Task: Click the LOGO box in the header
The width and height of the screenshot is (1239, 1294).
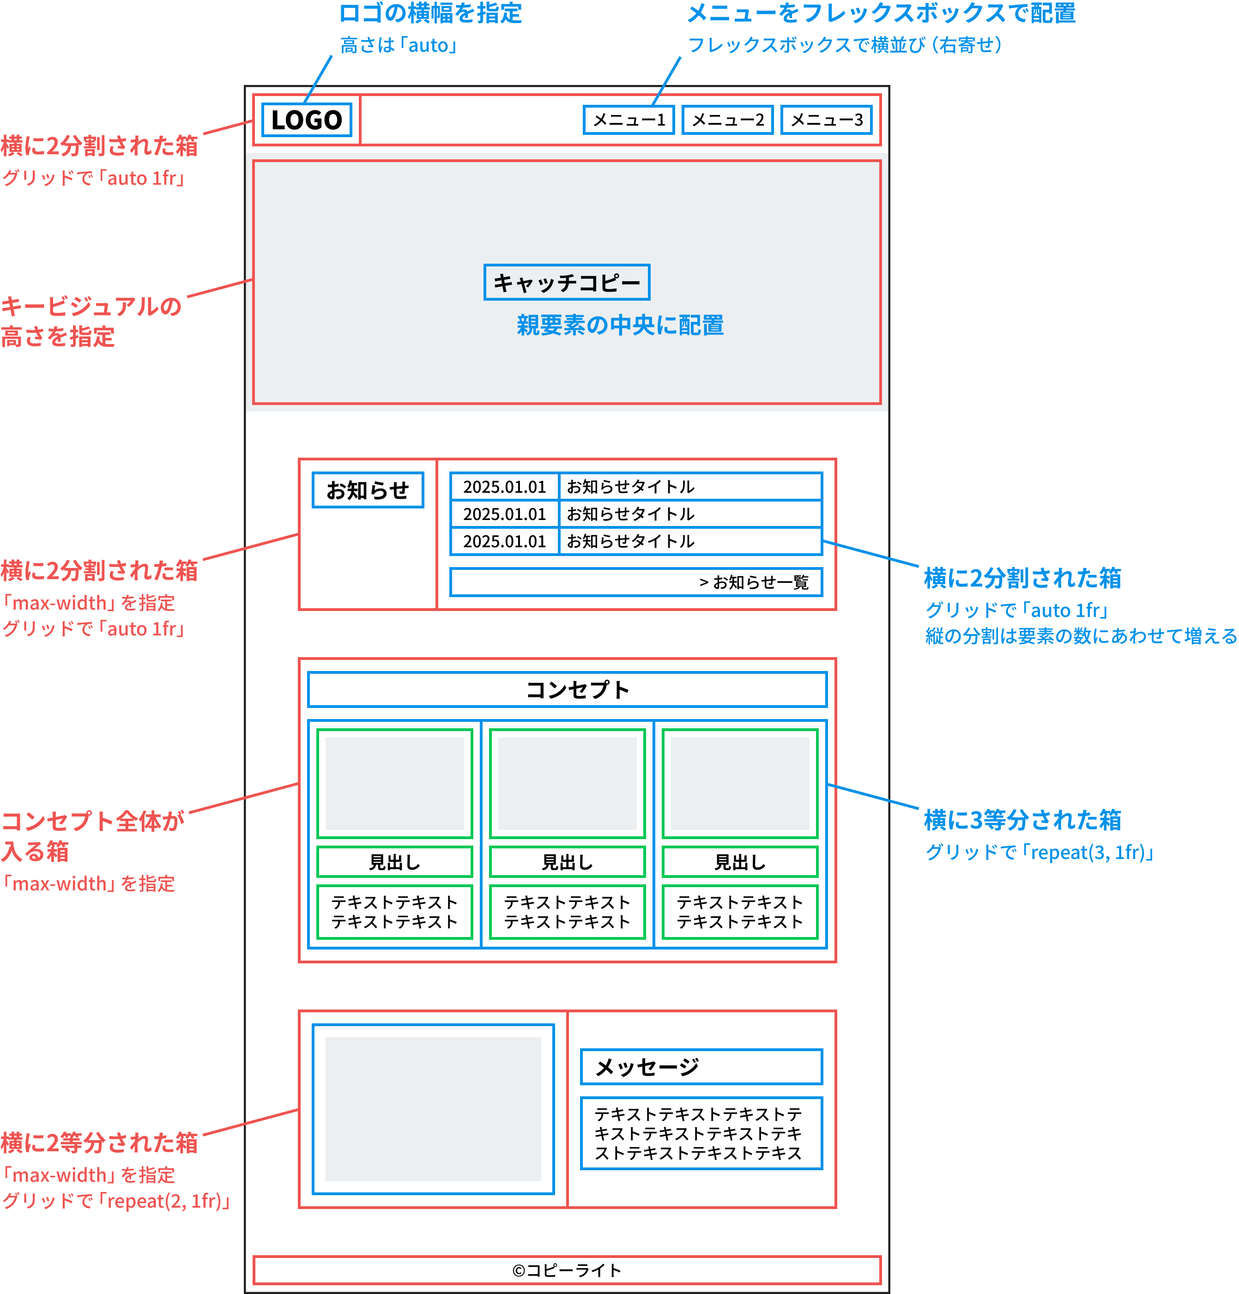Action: [x=306, y=120]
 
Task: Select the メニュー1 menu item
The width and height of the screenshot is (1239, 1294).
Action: [x=629, y=120]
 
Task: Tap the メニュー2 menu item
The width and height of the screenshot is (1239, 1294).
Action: [x=727, y=120]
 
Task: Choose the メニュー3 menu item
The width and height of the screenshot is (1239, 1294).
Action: [x=827, y=120]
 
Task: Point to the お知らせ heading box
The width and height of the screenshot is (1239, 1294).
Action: [x=368, y=490]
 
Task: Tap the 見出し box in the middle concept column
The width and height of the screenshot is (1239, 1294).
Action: [x=567, y=862]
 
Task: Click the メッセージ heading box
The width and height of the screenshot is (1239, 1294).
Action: [x=701, y=1067]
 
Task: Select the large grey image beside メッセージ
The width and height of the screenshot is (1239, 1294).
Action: [x=433, y=1109]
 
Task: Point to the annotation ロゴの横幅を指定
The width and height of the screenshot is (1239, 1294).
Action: [x=430, y=13]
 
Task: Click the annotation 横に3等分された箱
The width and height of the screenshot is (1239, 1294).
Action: [x=1022, y=820]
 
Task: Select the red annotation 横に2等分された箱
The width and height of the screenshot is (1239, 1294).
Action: [x=99, y=1142]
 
